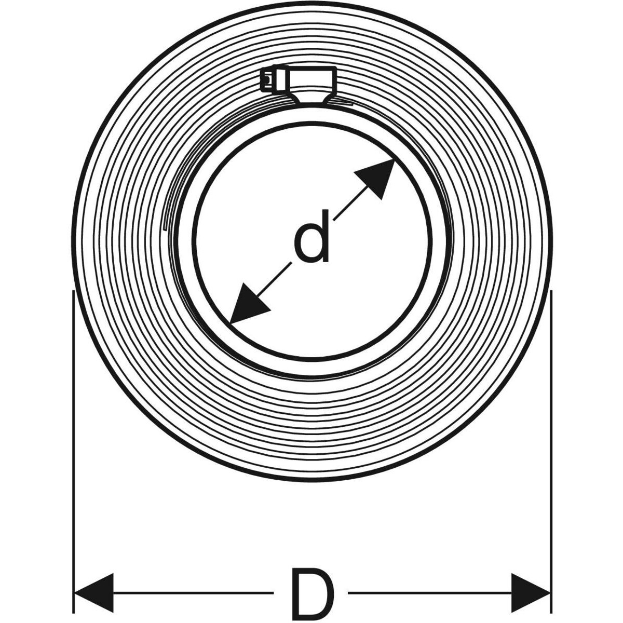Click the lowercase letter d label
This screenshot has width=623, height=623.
pyautogui.click(x=312, y=236)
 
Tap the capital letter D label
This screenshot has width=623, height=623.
pyautogui.click(x=312, y=575)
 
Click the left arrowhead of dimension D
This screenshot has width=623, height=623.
pyautogui.click(x=94, y=575)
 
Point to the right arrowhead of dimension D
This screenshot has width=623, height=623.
pyautogui.click(x=531, y=575)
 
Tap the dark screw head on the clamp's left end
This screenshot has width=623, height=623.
pyautogui.click(x=267, y=79)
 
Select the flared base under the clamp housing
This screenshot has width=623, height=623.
pyautogui.click(x=311, y=98)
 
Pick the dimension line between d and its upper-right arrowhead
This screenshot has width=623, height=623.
pyautogui.click(x=351, y=202)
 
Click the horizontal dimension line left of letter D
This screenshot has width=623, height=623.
pyautogui.click(x=193, y=575)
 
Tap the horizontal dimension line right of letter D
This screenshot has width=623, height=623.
pyautogui.click(x=430, y=575)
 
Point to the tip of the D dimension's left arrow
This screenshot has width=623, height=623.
pyautogui.click(x=75, y=575)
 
